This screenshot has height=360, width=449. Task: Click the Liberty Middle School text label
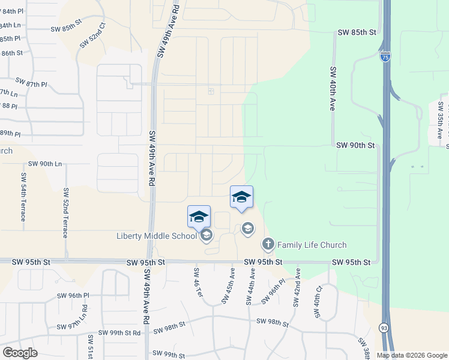click(157, 236)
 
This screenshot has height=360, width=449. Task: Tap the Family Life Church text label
click(312, 245)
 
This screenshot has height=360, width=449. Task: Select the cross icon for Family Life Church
click(268, 244)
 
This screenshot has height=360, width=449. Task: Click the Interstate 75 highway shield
click(385, 56)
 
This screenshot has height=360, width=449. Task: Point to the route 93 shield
click(383, 328)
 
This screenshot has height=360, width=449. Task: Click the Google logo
click(19, 353)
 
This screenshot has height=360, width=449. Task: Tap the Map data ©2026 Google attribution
click(412, 355)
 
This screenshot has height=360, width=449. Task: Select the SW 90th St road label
click(355, 145)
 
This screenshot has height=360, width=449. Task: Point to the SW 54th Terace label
click(23, 196)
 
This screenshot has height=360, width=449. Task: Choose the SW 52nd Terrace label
click(65, 213)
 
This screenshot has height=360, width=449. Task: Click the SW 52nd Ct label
click(92, 35)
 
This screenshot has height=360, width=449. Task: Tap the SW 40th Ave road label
click(332, 88)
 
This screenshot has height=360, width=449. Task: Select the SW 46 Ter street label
click(196, 286)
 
